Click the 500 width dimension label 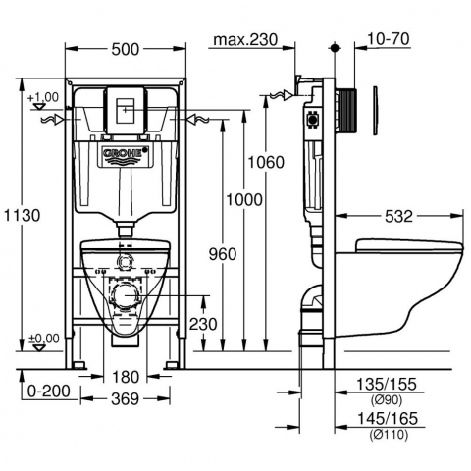[126, 49]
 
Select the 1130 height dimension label [22, 216]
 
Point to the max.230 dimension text [245, 40]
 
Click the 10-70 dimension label [389, 39]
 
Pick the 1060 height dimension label [266, 162]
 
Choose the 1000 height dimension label [244, 199]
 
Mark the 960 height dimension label [223, 254]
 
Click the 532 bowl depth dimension [398, 216]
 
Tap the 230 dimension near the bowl [203, 324]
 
